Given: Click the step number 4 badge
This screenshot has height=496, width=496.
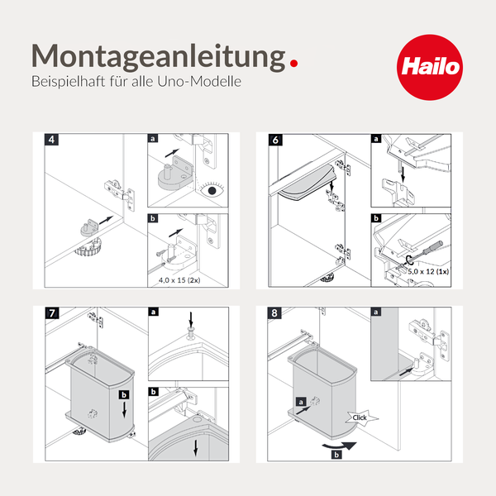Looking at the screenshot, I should click(51, 139).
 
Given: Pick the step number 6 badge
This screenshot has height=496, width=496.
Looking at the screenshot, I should click(275, 139).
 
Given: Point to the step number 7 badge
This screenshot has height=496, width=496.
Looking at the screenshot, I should click(51, 312).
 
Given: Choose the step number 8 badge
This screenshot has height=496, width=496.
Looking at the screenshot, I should click(275, 312).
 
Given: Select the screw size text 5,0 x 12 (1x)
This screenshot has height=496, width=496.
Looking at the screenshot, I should click(424, 271).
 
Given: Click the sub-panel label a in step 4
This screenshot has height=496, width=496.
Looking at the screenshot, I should click(153, 138).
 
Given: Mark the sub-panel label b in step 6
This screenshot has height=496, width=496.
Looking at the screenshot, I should click(377, 219).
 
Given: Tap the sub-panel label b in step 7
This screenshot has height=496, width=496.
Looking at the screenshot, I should click(153, 392).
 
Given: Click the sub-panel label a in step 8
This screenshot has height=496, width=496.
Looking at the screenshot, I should click(377, 312).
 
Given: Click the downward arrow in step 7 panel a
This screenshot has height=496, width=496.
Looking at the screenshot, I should click(191, 318).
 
